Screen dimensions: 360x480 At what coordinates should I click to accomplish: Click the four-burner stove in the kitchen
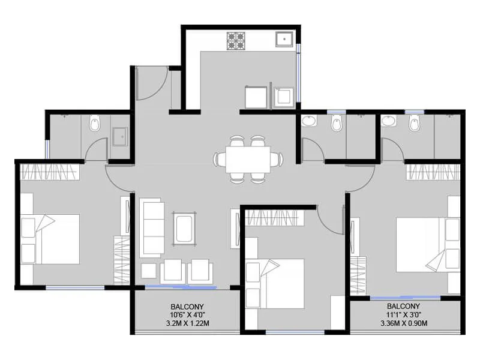pos(236,40)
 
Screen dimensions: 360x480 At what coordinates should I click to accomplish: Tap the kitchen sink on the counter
pos(284,40)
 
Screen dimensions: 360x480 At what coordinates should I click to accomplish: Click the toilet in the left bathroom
pos(94,125)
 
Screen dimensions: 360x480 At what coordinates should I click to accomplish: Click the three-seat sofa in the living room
pos(152,228)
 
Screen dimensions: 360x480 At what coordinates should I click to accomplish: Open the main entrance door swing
pos(150,84)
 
